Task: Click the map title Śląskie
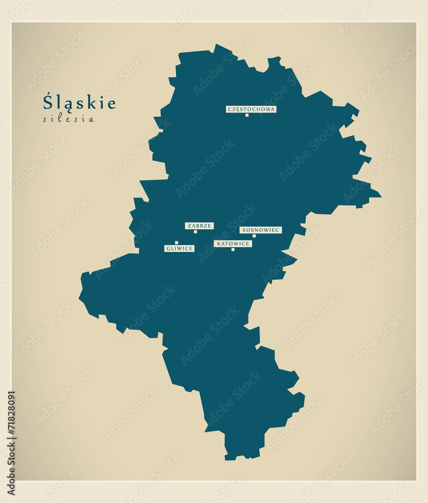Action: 79,102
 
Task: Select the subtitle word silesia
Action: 68,120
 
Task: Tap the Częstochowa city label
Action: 251,109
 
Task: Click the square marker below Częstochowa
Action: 247,115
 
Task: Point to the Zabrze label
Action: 199,226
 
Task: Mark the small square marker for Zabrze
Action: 196,232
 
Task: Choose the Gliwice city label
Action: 179,248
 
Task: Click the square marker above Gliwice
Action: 177,242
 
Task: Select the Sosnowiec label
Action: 261,230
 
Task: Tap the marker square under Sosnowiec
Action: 254,236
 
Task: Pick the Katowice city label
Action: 233,243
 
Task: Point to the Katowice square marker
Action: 233,249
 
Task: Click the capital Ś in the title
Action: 48,102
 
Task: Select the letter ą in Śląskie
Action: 63,104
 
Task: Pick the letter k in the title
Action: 91,103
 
